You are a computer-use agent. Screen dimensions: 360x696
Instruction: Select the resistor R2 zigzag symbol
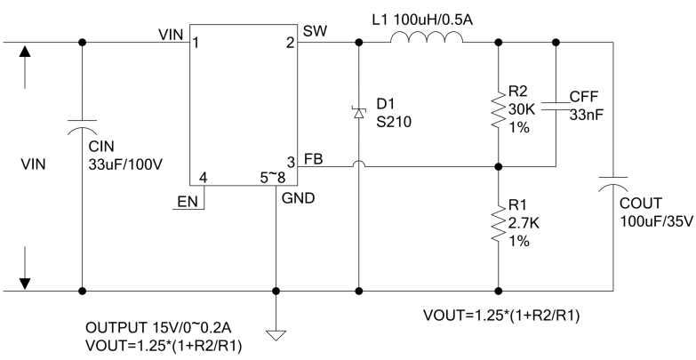tap(498, 112)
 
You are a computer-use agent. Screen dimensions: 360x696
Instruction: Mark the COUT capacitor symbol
tap(614, 185)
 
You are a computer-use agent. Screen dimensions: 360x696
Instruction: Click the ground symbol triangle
tap(276, 335)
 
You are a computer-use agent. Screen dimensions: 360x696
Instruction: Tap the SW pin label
tap(313, 31)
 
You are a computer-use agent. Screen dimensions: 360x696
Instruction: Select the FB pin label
tap(313, 157)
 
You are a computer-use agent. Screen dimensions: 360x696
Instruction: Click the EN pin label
tap(187, 202)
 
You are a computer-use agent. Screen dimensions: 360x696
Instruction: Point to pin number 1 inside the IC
tap(196, 43)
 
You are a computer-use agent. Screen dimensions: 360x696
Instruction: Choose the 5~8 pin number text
tap(272, 177)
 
